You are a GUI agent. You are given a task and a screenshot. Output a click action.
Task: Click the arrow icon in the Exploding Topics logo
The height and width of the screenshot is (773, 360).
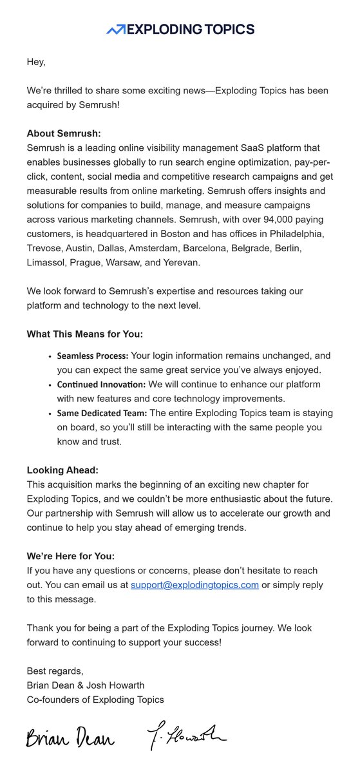tap(116, 29)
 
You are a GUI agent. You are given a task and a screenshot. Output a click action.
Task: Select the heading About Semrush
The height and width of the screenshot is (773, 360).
tap(64, 133)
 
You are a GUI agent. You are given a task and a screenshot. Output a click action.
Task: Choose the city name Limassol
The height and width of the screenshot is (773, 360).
tap(47, 263)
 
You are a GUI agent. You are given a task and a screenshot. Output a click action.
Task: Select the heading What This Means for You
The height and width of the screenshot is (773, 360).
tap(84, 334)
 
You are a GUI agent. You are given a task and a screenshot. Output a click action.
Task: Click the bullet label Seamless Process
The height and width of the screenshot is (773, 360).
tap(93, 356)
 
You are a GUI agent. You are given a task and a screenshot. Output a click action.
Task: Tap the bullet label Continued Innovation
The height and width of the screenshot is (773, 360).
tap(101, 385)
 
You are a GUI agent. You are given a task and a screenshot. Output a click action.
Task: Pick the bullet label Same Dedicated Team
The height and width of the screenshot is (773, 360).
tap(102, 414)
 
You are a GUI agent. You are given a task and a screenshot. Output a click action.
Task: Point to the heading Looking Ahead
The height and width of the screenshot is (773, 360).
tap(62, 471)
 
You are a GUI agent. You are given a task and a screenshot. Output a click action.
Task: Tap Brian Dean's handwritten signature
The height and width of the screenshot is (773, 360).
tap(70, 738)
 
